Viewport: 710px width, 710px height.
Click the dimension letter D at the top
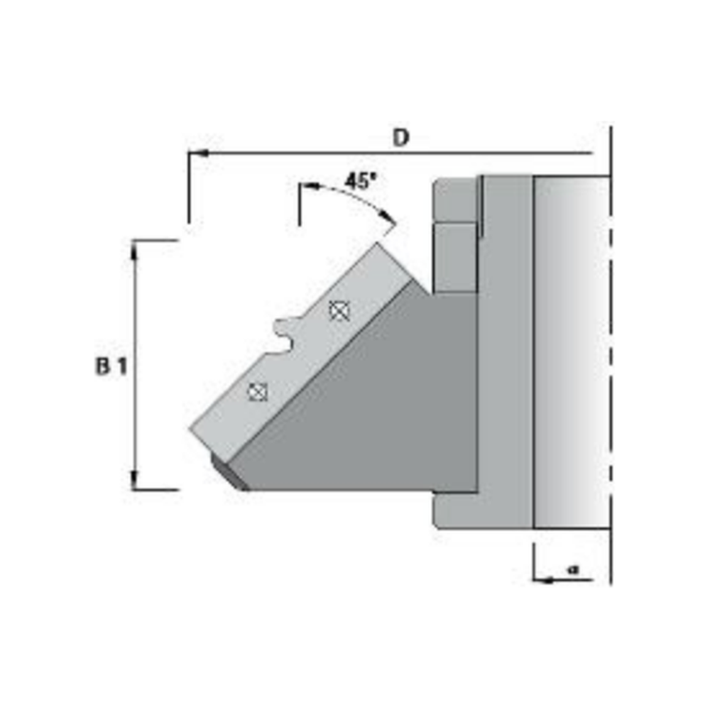[x=402, y=138]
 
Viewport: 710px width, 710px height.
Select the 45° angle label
[x=359, y=180]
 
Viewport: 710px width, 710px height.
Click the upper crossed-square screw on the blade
[x=340, y=310]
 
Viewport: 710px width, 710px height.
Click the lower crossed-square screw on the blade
[x=257, y=391]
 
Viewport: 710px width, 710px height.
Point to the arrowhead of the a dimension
[x=540, y=580]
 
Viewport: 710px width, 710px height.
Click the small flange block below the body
[x=454, y=510]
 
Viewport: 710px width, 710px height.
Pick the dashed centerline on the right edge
[x=611, y=355]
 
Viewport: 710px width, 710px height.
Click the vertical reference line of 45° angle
[x=300, y=206]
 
